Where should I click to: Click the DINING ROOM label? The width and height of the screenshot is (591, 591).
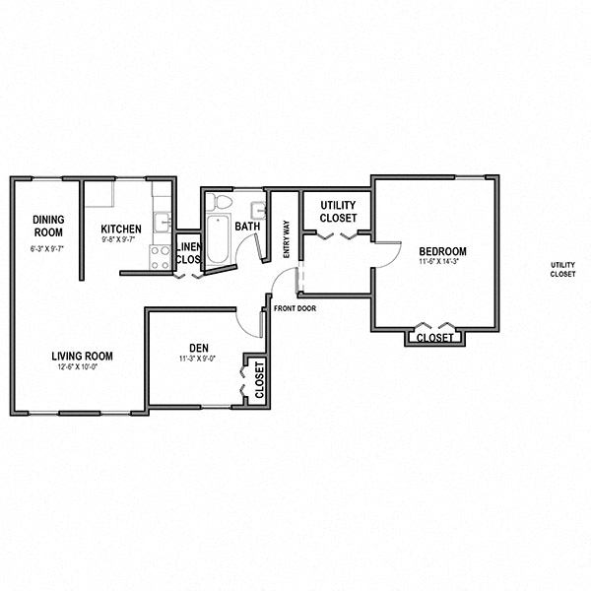pyautogui.click(x=47, y=226)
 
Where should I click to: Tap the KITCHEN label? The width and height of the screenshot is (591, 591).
pyautogui.click(x=121, y=229)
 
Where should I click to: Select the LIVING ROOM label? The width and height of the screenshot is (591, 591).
pyautogui.click(x=83, y=356)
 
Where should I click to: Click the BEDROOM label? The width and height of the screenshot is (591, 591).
pyautogui.click(x=442, y=251)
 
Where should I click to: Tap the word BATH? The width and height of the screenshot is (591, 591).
pyautogui.click(x=247, y=227)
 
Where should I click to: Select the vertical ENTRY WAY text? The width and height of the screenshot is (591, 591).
pyautogui.click(x=287, y=238)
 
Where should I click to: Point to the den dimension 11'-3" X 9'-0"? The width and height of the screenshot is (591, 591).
pyautogui.click(x=196, y=359)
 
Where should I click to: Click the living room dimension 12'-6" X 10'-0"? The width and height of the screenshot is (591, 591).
pyautogui.click(x=83, y=366)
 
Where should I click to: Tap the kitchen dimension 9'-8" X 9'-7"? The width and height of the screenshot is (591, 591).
pyautogui.click(x=121, y=239)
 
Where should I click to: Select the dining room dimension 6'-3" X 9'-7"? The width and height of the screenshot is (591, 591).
pyautogui.click(x=47, y=249)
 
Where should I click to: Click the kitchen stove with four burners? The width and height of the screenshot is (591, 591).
pyautogui.click(x=160, y=257)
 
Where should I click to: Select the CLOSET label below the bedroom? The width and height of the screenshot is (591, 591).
pyautogui.click(x=434, y=338)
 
